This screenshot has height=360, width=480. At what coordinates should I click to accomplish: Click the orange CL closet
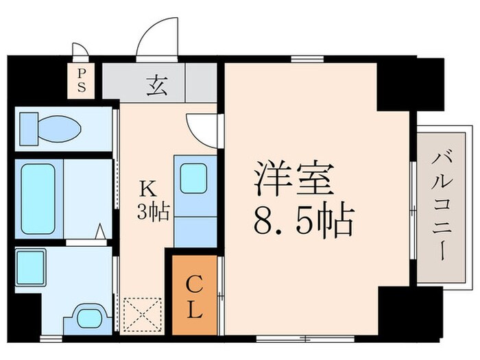point(195,295)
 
